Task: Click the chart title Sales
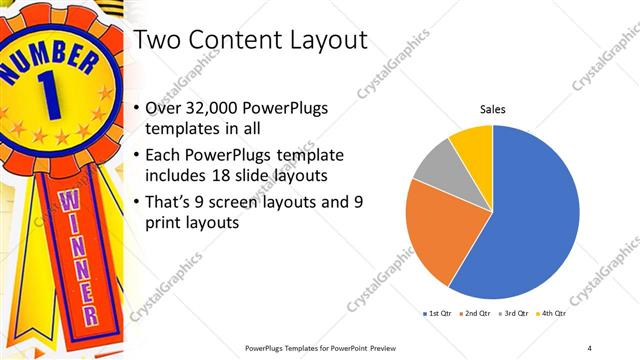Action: pyautogui.click(x=493, y=109)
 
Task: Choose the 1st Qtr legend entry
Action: pyautogui.click(x=439, y=314)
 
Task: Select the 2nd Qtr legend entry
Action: pyautogui.click(x=474, y=314)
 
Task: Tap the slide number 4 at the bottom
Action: pyautogui.click(x=589, y=347)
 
